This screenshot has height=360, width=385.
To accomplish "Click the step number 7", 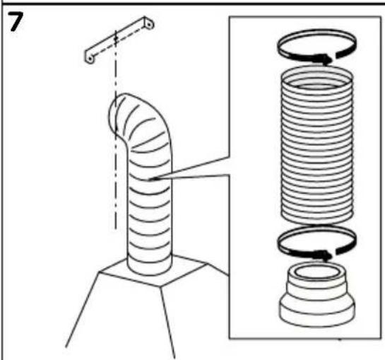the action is (x=16, y=22).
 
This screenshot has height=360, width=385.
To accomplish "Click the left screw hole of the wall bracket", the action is (x=90, y=59).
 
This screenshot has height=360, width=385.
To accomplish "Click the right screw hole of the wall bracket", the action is (x=149, y=24).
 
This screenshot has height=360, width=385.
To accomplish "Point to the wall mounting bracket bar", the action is (x=119, y=40).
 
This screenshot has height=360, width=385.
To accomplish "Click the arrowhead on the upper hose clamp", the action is (x=326, y=59).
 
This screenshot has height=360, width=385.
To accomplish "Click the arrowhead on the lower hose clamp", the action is (x=326, y=255).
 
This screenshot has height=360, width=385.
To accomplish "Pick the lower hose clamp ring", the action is (x=316, y=228).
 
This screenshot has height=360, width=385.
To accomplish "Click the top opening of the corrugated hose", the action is (x=316, y=68).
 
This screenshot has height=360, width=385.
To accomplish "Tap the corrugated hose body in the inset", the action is (x=316, y=148).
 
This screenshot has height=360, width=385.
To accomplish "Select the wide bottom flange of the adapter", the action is (x=316, y=313).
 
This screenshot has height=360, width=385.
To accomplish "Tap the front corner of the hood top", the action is (x=161, y=287).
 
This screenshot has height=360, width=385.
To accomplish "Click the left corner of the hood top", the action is (x=99, y=272).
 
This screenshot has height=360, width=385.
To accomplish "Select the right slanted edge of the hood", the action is (x=167, y=323).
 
